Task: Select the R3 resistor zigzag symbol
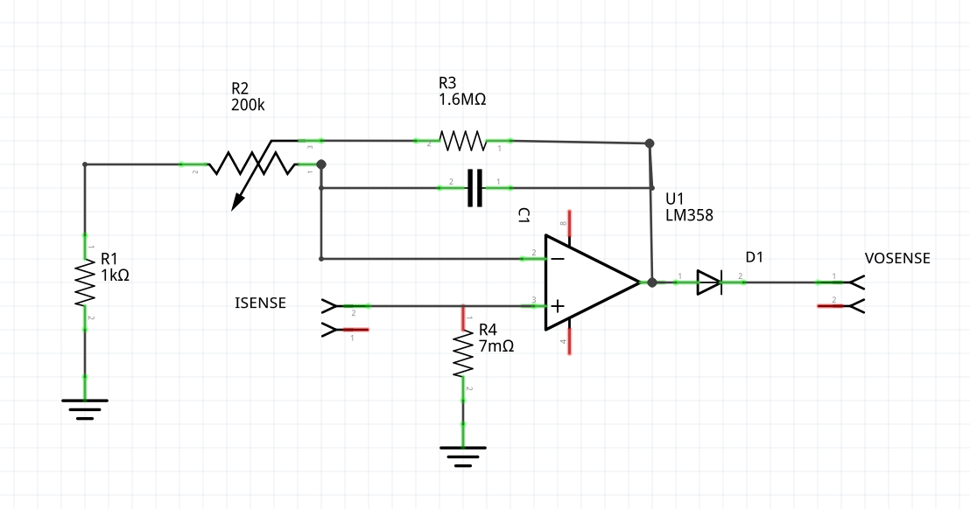point(461,140)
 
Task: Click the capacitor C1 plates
point(474,187)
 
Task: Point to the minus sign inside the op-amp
point(558,258)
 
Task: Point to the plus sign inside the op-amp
point(558,306)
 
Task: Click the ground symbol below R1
point(85,408)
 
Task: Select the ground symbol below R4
point(463,456)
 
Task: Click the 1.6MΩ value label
point(462,100)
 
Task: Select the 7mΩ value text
point(496,345)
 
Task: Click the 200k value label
point(248,104)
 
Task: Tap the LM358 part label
point(689,214)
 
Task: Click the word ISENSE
point(260,303)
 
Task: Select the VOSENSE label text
point(897,258)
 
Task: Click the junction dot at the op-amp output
point(651,282)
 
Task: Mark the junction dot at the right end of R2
point(321,164)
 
